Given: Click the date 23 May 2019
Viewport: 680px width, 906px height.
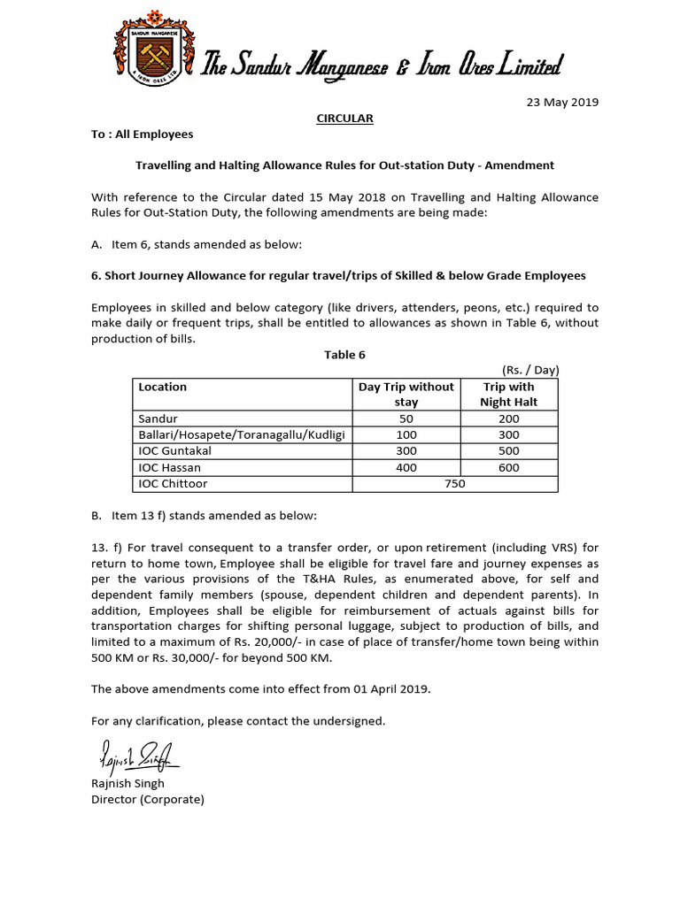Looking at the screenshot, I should coord(563,102).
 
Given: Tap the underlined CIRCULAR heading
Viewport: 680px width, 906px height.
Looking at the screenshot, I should coord(345,118).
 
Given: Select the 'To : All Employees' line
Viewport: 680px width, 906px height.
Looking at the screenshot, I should coord(142,134).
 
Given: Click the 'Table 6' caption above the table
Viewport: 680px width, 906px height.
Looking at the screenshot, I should coord(344,355).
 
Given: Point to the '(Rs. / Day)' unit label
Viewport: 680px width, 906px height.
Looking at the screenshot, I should coord(529,370).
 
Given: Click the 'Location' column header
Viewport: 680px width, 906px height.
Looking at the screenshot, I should coord(163,387).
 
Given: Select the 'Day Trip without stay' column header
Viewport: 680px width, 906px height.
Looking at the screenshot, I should coord(406,394).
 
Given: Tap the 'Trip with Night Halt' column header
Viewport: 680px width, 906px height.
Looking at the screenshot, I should coord(508,394).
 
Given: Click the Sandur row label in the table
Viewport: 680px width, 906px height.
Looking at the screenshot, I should coord(158,418).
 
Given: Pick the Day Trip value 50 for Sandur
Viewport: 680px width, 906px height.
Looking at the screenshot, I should coord(406,418).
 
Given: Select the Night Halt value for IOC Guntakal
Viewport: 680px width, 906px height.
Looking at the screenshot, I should coord(508,451).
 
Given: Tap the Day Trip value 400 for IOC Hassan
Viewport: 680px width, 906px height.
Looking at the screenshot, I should coord(406,467).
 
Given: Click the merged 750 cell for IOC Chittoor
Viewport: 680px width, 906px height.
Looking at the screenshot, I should coord(455,484).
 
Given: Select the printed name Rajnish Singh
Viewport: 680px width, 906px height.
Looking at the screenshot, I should coord(127,783).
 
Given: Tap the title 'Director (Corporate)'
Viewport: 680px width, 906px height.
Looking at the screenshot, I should coord(148,799).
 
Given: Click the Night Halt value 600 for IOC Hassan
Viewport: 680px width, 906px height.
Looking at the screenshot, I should coord(508,467).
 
